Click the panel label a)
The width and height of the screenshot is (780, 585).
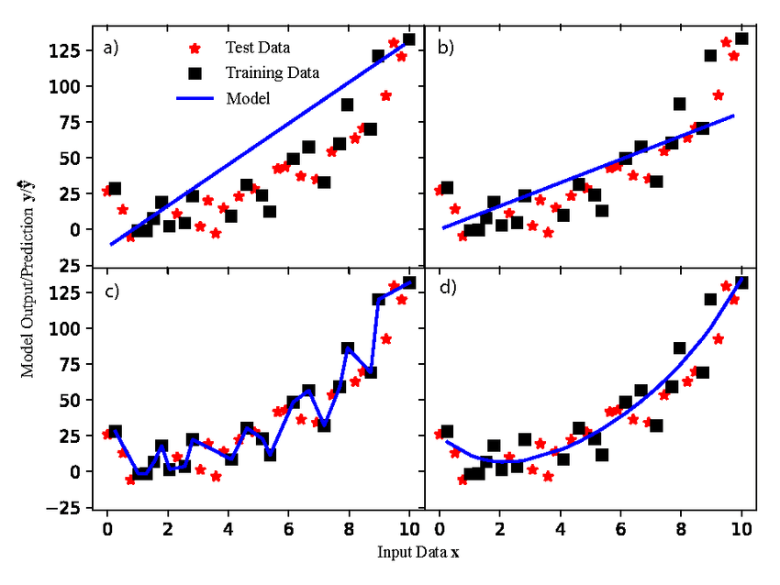coord(111,49)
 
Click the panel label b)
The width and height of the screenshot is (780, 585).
coord(445,49)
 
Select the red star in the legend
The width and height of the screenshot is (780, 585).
coord(195,48)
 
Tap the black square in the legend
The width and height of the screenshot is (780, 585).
coord(195,72)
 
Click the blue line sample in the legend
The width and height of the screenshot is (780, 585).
coord(195,98)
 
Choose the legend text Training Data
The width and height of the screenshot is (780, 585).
coord(273,72)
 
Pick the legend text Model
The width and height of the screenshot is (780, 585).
coord(247,98)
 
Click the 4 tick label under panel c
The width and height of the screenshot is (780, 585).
coord(228,529)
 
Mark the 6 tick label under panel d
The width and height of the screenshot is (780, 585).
coord(620,529)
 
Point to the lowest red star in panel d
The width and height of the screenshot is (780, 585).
coord(462,480)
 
